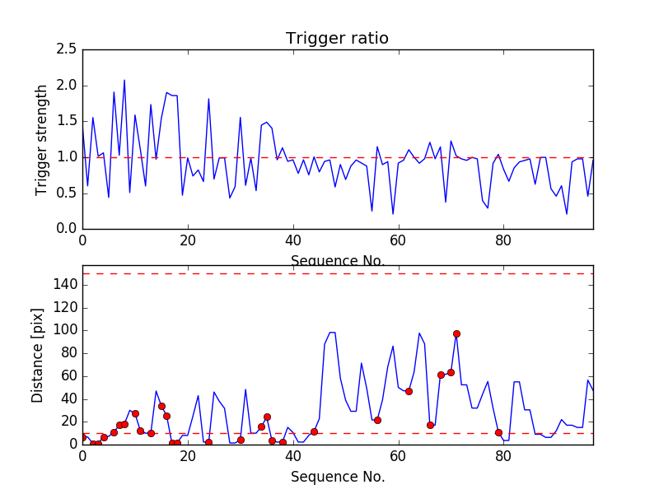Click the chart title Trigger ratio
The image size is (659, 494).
pyautogui.click(x=337, y=39)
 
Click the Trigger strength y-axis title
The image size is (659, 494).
pyautogui.click(x=42, y=139)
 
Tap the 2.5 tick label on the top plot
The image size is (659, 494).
pyautogui.click(x=68, y=50)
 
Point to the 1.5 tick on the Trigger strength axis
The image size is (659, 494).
pyautogui.click(x=68, y=122)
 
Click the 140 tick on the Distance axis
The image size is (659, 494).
pyautogui.click(x=64, y=285)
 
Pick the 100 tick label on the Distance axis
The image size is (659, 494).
pyautogui.click(x=64, y=330)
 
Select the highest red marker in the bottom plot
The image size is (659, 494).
pyautogui.click(x=456, y=333)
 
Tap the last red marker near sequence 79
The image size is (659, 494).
pyautogui.click(x=498, y=432)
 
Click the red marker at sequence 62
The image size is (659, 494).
pyautogui.click(x=409, y=391)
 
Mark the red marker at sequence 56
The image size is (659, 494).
pyautogui.click(x=377, y=420)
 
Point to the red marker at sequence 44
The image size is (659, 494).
pyautogui.click(x=314, y=431)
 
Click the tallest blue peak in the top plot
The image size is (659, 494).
pyautogui.click(x=124, y=81)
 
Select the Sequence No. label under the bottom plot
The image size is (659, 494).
pyautogui.click(x=338, y=477)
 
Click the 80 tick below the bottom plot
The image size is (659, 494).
pyautogui.click(x=503, y=455)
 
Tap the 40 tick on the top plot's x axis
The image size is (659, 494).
pyautogui.click(x=292, y=240)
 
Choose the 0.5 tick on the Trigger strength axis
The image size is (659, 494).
pyautogui.click(x=68, y=193)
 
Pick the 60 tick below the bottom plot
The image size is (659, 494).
pyautogui.click(x=398, y=455)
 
